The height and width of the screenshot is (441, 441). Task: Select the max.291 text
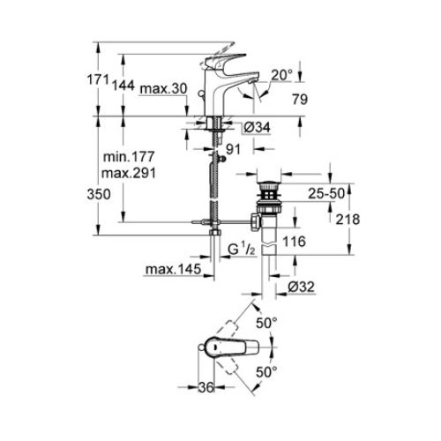(129, 174)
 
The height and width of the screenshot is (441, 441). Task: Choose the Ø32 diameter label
(302, 287)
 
